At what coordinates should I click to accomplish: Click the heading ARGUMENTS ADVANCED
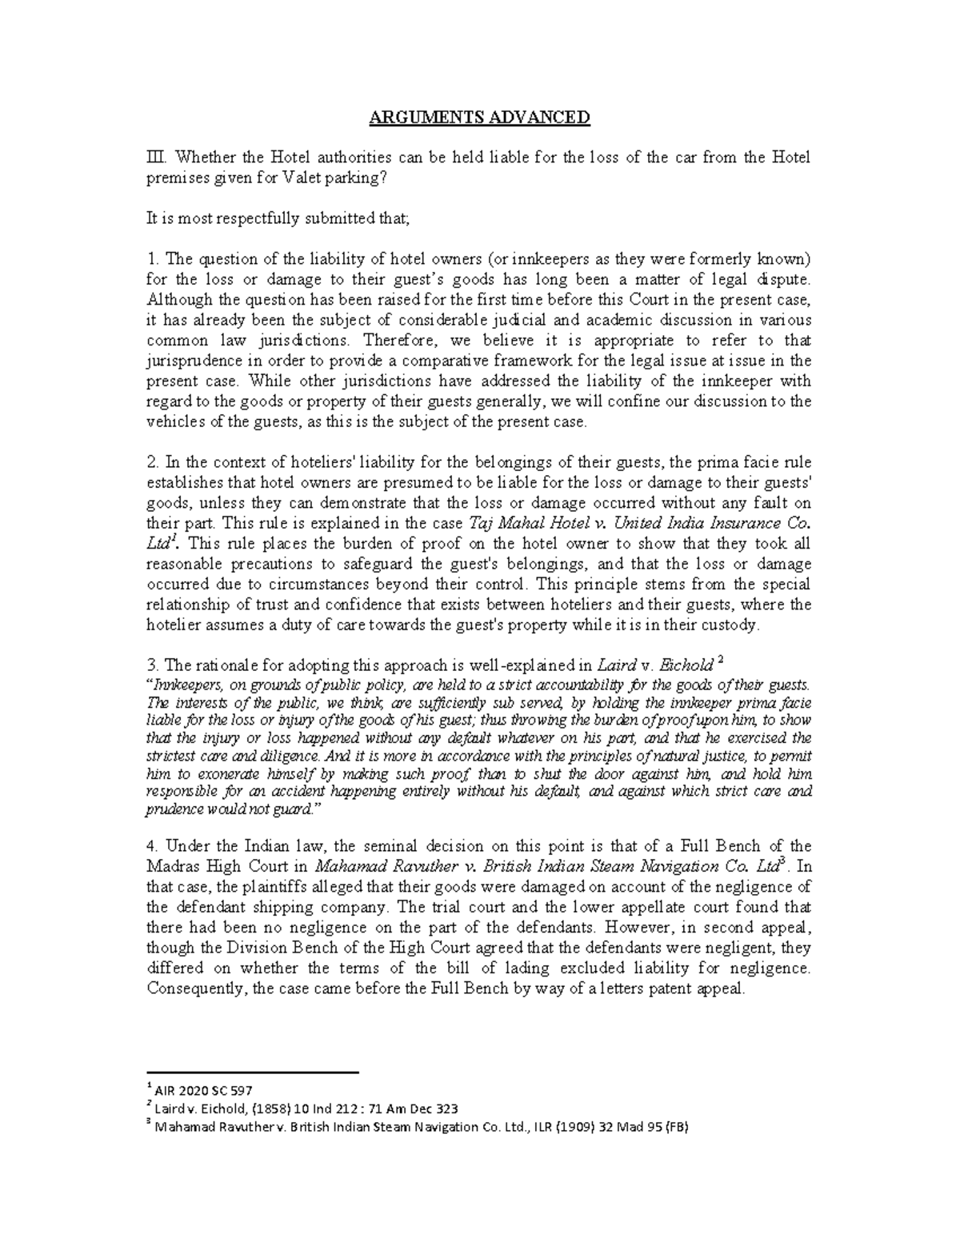[478, 118]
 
